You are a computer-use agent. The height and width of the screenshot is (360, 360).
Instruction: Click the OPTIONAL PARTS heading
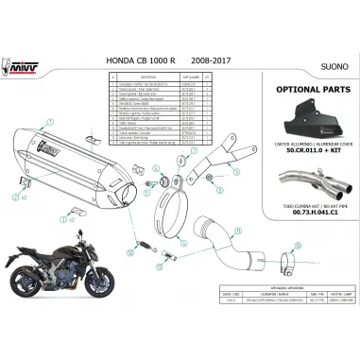tap(302, 97)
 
